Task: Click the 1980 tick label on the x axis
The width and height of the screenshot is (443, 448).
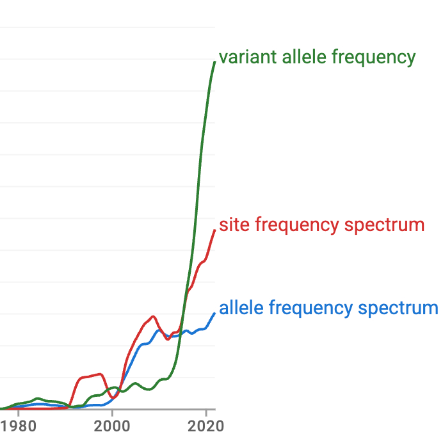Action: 19,426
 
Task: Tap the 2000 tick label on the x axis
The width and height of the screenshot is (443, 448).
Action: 112,426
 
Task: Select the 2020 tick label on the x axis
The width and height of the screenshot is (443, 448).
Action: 205,426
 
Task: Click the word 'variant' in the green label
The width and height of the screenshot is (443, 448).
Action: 239,57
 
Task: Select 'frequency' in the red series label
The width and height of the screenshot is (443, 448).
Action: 295,225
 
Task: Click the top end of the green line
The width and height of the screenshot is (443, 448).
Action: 214,61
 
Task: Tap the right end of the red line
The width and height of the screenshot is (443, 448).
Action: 214,230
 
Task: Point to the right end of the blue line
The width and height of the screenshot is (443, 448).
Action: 214,313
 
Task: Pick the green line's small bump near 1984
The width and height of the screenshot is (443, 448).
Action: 38,398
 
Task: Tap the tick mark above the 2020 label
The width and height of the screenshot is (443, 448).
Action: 205,412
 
